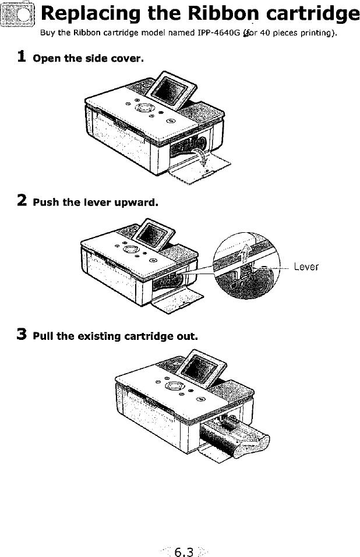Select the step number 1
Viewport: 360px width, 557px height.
click(22, 57)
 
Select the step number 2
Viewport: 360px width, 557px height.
click(22, 201)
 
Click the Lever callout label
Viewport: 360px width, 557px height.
click(306, 267)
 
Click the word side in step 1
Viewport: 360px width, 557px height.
click(101, 59)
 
